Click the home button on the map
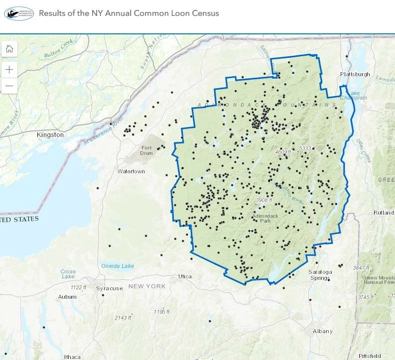(x=9, y=49)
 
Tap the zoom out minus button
(x=9, y=86)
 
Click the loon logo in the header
(x=19, y=13)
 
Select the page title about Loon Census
(x=129, y=13)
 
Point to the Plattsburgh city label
(x=355, y=74)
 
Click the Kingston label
(x=50, y=135)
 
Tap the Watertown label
(x=131, y=171)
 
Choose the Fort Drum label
(x=146, y=150)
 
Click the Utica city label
(x=185, y=276)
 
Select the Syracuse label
(x=110, y=288)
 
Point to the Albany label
(x=322, y=331)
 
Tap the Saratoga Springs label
(x=320, y=275)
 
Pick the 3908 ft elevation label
(x=264, y=200)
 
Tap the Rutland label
(x=384, y=213)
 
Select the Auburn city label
(x=67, y=297)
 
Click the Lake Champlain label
(x=357, y=95)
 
